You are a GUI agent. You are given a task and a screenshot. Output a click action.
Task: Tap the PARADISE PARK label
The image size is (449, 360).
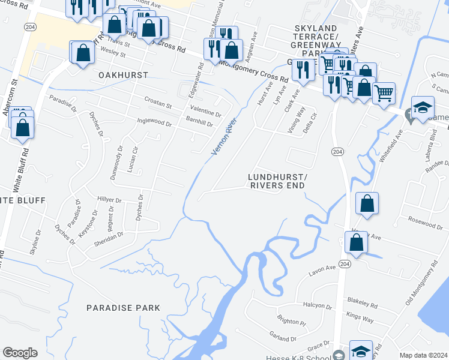pos(123,308)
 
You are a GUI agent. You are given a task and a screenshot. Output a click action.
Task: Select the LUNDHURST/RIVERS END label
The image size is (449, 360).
pos(277,181)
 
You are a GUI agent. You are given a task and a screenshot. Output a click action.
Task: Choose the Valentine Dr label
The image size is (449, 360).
pos(205,110)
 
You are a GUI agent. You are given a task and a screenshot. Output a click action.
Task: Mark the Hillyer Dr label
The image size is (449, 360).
pos(110,200)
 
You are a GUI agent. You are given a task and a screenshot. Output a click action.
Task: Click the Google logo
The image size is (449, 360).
pos(20,353)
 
